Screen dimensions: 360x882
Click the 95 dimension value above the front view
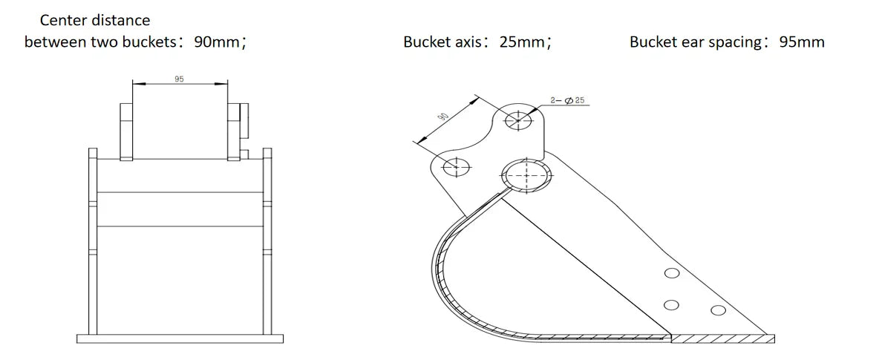point(179,79)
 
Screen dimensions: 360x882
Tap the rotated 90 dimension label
point(443,117)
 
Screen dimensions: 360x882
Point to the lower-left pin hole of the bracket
point(455,167)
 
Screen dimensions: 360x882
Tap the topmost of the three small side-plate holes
point(672,273)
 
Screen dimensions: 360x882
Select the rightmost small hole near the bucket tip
point(717,309)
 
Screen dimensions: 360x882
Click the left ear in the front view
point(125,130)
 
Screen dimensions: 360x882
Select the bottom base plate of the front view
point(179,339)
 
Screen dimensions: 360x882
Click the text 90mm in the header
point(216,42)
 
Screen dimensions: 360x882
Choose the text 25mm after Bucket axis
point(521,42)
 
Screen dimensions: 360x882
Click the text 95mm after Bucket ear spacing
point(801,42)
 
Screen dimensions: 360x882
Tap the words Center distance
point(94,20)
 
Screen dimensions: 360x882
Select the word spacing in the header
point(734,42)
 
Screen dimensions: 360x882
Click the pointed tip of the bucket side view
point(772,338)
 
